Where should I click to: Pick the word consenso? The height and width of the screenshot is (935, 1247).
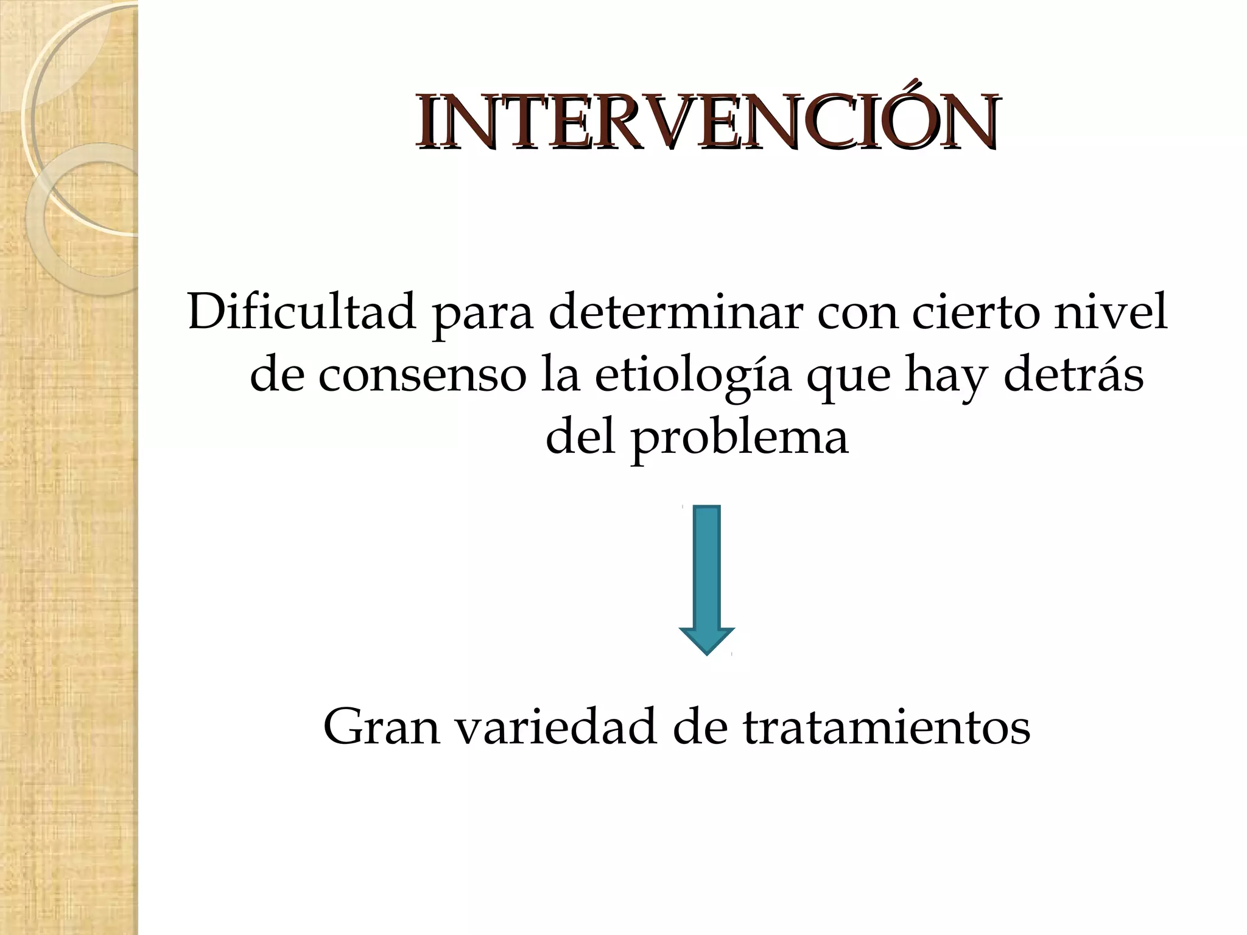coord(423,376)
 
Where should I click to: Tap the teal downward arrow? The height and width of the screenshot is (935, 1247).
coord(707,578)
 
